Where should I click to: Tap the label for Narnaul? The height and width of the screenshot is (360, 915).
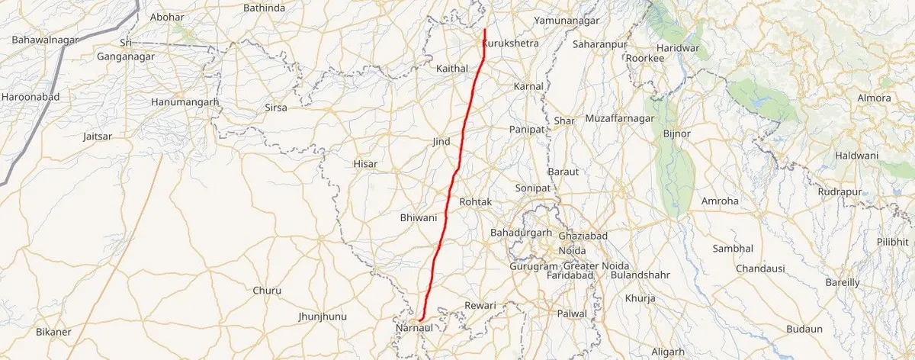414,328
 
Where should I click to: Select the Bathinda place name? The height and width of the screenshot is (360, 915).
263,8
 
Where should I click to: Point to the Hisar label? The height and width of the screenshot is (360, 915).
365,163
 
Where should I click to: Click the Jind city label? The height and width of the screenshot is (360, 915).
441,142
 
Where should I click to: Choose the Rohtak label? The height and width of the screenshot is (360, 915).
476,201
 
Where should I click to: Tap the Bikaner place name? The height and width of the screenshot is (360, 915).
53,332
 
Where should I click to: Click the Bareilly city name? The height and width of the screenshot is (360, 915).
843,282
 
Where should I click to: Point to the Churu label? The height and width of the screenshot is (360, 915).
267,291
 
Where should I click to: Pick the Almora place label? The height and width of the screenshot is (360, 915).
874,98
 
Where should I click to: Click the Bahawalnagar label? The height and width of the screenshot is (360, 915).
41,38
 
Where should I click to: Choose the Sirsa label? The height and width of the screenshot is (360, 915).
275,108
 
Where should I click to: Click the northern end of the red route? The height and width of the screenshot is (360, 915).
485,30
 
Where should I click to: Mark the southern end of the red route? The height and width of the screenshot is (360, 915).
420,319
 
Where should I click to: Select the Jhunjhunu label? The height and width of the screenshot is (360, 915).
323,316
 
